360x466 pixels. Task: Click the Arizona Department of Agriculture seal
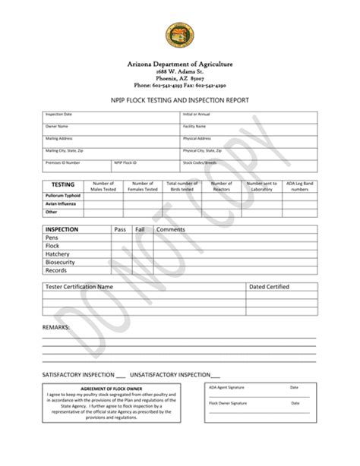(x=180, y=35)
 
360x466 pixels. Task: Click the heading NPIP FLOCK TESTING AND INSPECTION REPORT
(x=179, y=101)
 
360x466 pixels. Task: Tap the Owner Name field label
(x=56, y=127)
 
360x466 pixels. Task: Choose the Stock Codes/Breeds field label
(x=201, y=162)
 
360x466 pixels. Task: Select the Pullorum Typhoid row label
(x=62, y=195)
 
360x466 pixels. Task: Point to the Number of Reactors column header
(x=222, y=186)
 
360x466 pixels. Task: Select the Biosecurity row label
(x=62, y=263)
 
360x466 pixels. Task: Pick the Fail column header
(x=141, y=229)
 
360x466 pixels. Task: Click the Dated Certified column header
(x=270, y=288)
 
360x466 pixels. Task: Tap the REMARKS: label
(x=56, y=326)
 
